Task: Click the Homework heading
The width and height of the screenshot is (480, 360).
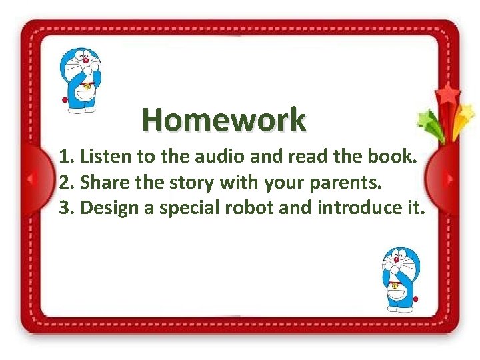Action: [x=224, y=120]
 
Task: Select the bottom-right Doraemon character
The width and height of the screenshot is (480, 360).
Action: [x=400, y=278]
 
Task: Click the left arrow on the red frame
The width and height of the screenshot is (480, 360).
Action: [x=29, y=179]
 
